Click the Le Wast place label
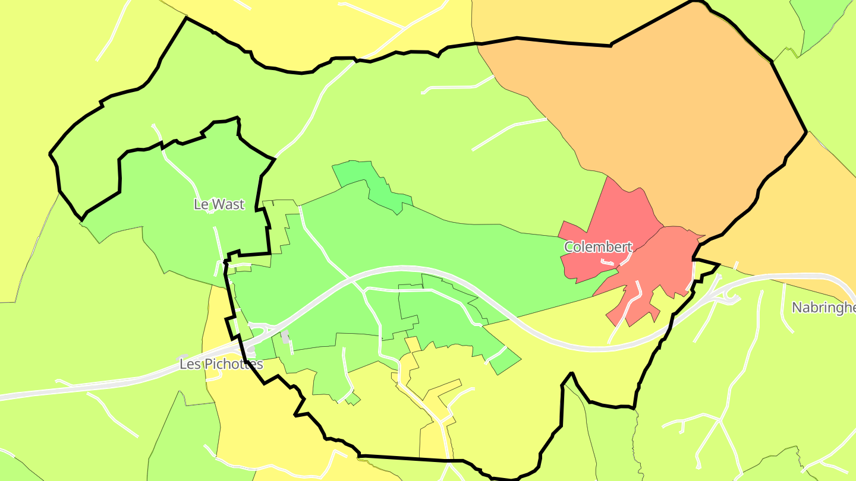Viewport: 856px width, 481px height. tap(219, 204)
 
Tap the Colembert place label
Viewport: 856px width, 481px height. tap(597, 246)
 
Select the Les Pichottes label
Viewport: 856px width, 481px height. tap(221, 364)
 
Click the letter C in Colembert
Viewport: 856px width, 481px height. tap(568, 246)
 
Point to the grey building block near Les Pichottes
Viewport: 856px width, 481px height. tap(285, 337)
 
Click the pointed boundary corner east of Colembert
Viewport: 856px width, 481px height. tap(718, 264)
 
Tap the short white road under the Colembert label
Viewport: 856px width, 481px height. tap(607, 262)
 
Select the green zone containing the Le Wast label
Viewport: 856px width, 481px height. tap(178, 232)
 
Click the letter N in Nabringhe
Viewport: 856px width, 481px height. tap(797, 308)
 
